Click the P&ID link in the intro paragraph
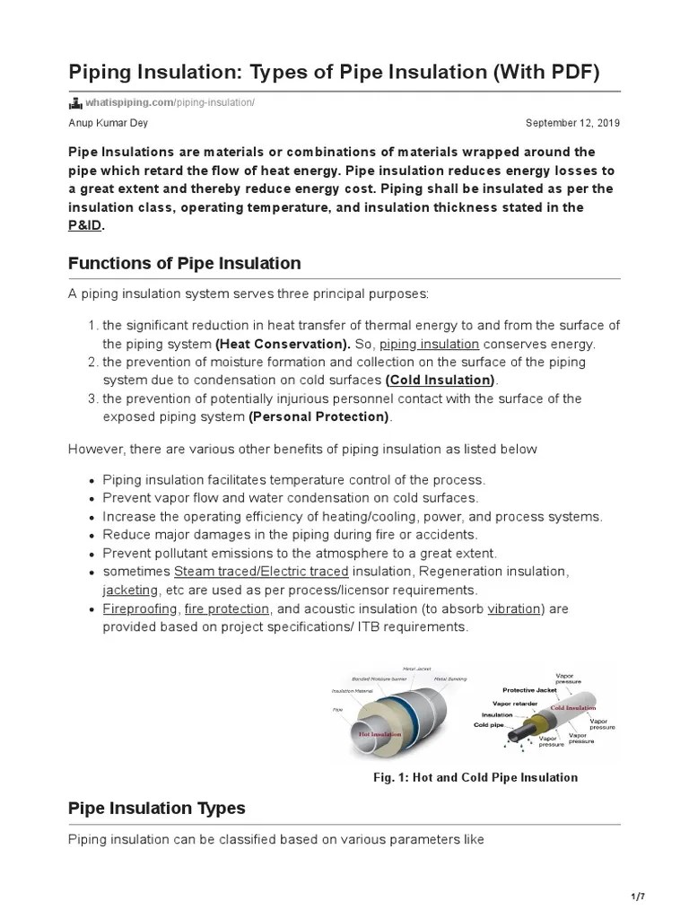pyautogui.click(x=85, y=225)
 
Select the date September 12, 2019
pyautogui.click(x=572, y=123)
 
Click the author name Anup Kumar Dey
pyautogui.click(x=109, y=123)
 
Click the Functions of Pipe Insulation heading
pyautogui.click(x=184, y=263)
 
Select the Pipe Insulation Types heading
pyautogui.click(x=156, y=808)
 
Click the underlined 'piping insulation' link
pyautogui.click(x=429, y=344)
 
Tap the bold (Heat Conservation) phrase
pyautogui.click(x=283, y=344)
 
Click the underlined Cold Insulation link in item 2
pyautogui.click(x=440, y=381)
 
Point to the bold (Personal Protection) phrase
pyautogui.click(x=319, y=417)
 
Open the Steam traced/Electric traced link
pyautogui.click(x=261, y=572)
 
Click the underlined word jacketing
pyautogui.click(x=130, y=591)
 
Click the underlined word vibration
pyautogui.click(x=514, y=608)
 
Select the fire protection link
pyautogui.click(x=226, y=608)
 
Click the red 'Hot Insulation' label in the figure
pyautogui.click(x=380, y=732)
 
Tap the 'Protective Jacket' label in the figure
pyautogui.click(x=531, y=690)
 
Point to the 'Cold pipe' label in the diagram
pyautogui.click(x=492, y=724)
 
